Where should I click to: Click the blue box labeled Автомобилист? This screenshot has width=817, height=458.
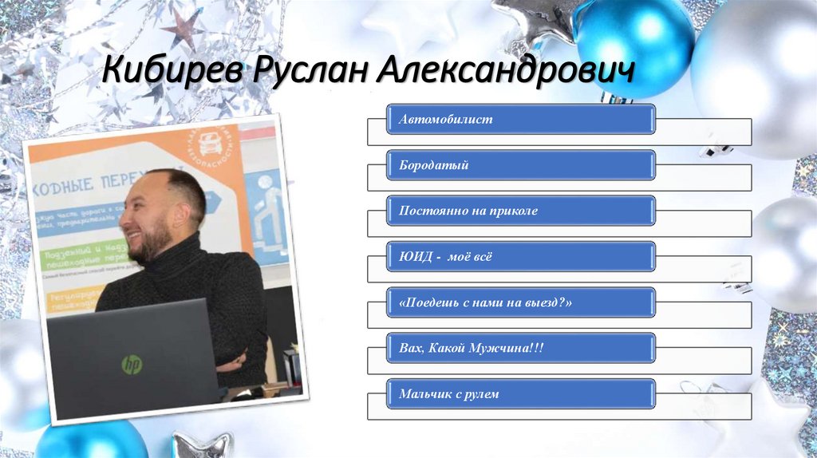tap(521, 120)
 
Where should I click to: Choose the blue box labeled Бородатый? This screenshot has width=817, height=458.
tap(521, 165)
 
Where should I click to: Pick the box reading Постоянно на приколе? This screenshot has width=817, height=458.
tap(521, 211)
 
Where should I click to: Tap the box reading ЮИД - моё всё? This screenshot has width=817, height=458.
tap(521, 257)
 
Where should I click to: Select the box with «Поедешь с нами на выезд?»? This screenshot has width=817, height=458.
tap(521, 303)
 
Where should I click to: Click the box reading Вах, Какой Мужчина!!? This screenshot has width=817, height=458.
tap(521, 349)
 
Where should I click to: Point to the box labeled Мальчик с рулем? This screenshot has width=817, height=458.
tap(521, 394)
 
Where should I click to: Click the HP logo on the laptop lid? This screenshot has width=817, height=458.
tap(132, 365)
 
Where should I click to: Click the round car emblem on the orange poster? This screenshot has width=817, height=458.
tap(211, 144)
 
